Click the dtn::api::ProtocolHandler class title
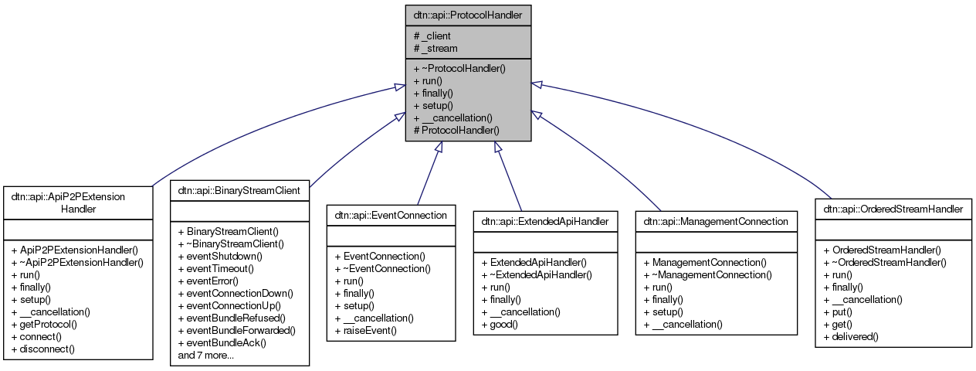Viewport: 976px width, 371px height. coord(468,15)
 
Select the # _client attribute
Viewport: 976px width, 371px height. coord(432,36)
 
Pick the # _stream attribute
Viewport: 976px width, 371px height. coord(435,48)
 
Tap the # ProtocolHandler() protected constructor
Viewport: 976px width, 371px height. coord(456,130)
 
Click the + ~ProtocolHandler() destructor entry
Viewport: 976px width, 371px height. coord(459,68)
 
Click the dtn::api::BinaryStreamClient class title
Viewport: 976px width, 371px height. coord(239,189)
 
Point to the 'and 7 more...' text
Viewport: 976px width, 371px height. coord(205,355)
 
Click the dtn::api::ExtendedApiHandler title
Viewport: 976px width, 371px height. coord(544,221)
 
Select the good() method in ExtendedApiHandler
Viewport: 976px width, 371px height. coord(499,324)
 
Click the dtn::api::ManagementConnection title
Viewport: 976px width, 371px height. coord(715,221)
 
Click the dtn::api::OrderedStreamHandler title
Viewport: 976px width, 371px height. coord(893,209)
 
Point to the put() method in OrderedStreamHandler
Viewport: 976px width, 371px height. coord(839,311)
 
